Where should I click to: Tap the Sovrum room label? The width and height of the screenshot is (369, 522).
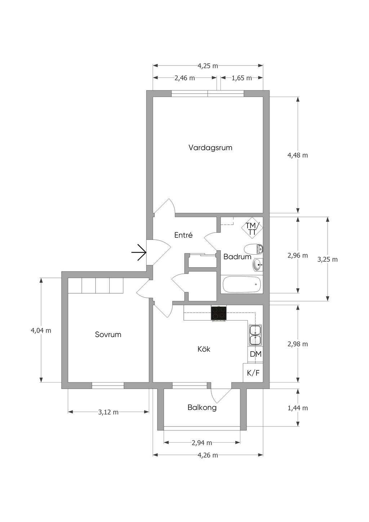point(108,335)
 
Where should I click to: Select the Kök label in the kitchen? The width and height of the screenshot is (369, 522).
point(204,349)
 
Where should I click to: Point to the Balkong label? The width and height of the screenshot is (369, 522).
point(202,407)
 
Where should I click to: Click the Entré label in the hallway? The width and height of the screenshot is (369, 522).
point(183,235)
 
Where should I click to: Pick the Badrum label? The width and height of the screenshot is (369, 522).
point(237,256)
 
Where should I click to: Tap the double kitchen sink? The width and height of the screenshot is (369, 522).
point(255,335)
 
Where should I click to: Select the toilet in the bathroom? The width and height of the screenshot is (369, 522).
point(253,250)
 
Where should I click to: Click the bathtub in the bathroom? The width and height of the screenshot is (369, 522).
point(242,284)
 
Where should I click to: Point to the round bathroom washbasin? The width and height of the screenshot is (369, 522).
point(258,265)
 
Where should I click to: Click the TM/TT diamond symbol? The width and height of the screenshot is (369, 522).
point(252,228)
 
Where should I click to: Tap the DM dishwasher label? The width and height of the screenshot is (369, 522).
point(255,354)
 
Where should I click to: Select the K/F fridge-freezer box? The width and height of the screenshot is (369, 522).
point(253,372)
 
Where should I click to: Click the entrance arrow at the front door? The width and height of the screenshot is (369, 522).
point(139,253)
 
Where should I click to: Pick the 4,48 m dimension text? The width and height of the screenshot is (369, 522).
point(298,155)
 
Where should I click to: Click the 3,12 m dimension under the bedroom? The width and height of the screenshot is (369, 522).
point(108,412)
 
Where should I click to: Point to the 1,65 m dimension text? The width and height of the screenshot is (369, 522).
point(242,78)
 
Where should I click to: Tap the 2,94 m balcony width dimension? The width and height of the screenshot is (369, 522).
point(202,442)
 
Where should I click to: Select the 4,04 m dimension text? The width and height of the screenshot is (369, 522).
point(41,330)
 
